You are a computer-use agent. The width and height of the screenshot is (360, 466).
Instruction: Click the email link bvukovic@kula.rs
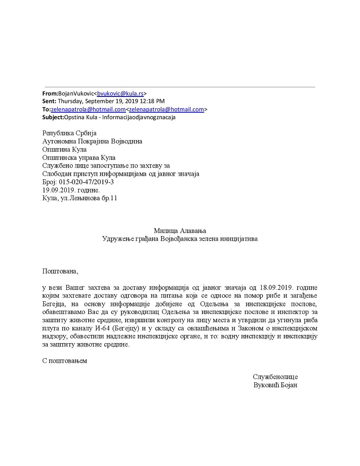point(121,93)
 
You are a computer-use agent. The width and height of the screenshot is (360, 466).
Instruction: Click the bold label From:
point(50,93)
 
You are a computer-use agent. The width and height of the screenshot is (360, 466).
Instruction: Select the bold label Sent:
point(49,101)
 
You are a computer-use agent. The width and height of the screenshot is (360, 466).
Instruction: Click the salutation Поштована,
point(60,271)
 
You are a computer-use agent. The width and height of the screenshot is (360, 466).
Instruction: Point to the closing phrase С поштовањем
point(64,361)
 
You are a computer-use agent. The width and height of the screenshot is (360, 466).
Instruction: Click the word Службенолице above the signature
point(275,377)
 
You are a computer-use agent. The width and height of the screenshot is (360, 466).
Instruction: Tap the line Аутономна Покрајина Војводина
point(92,141)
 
